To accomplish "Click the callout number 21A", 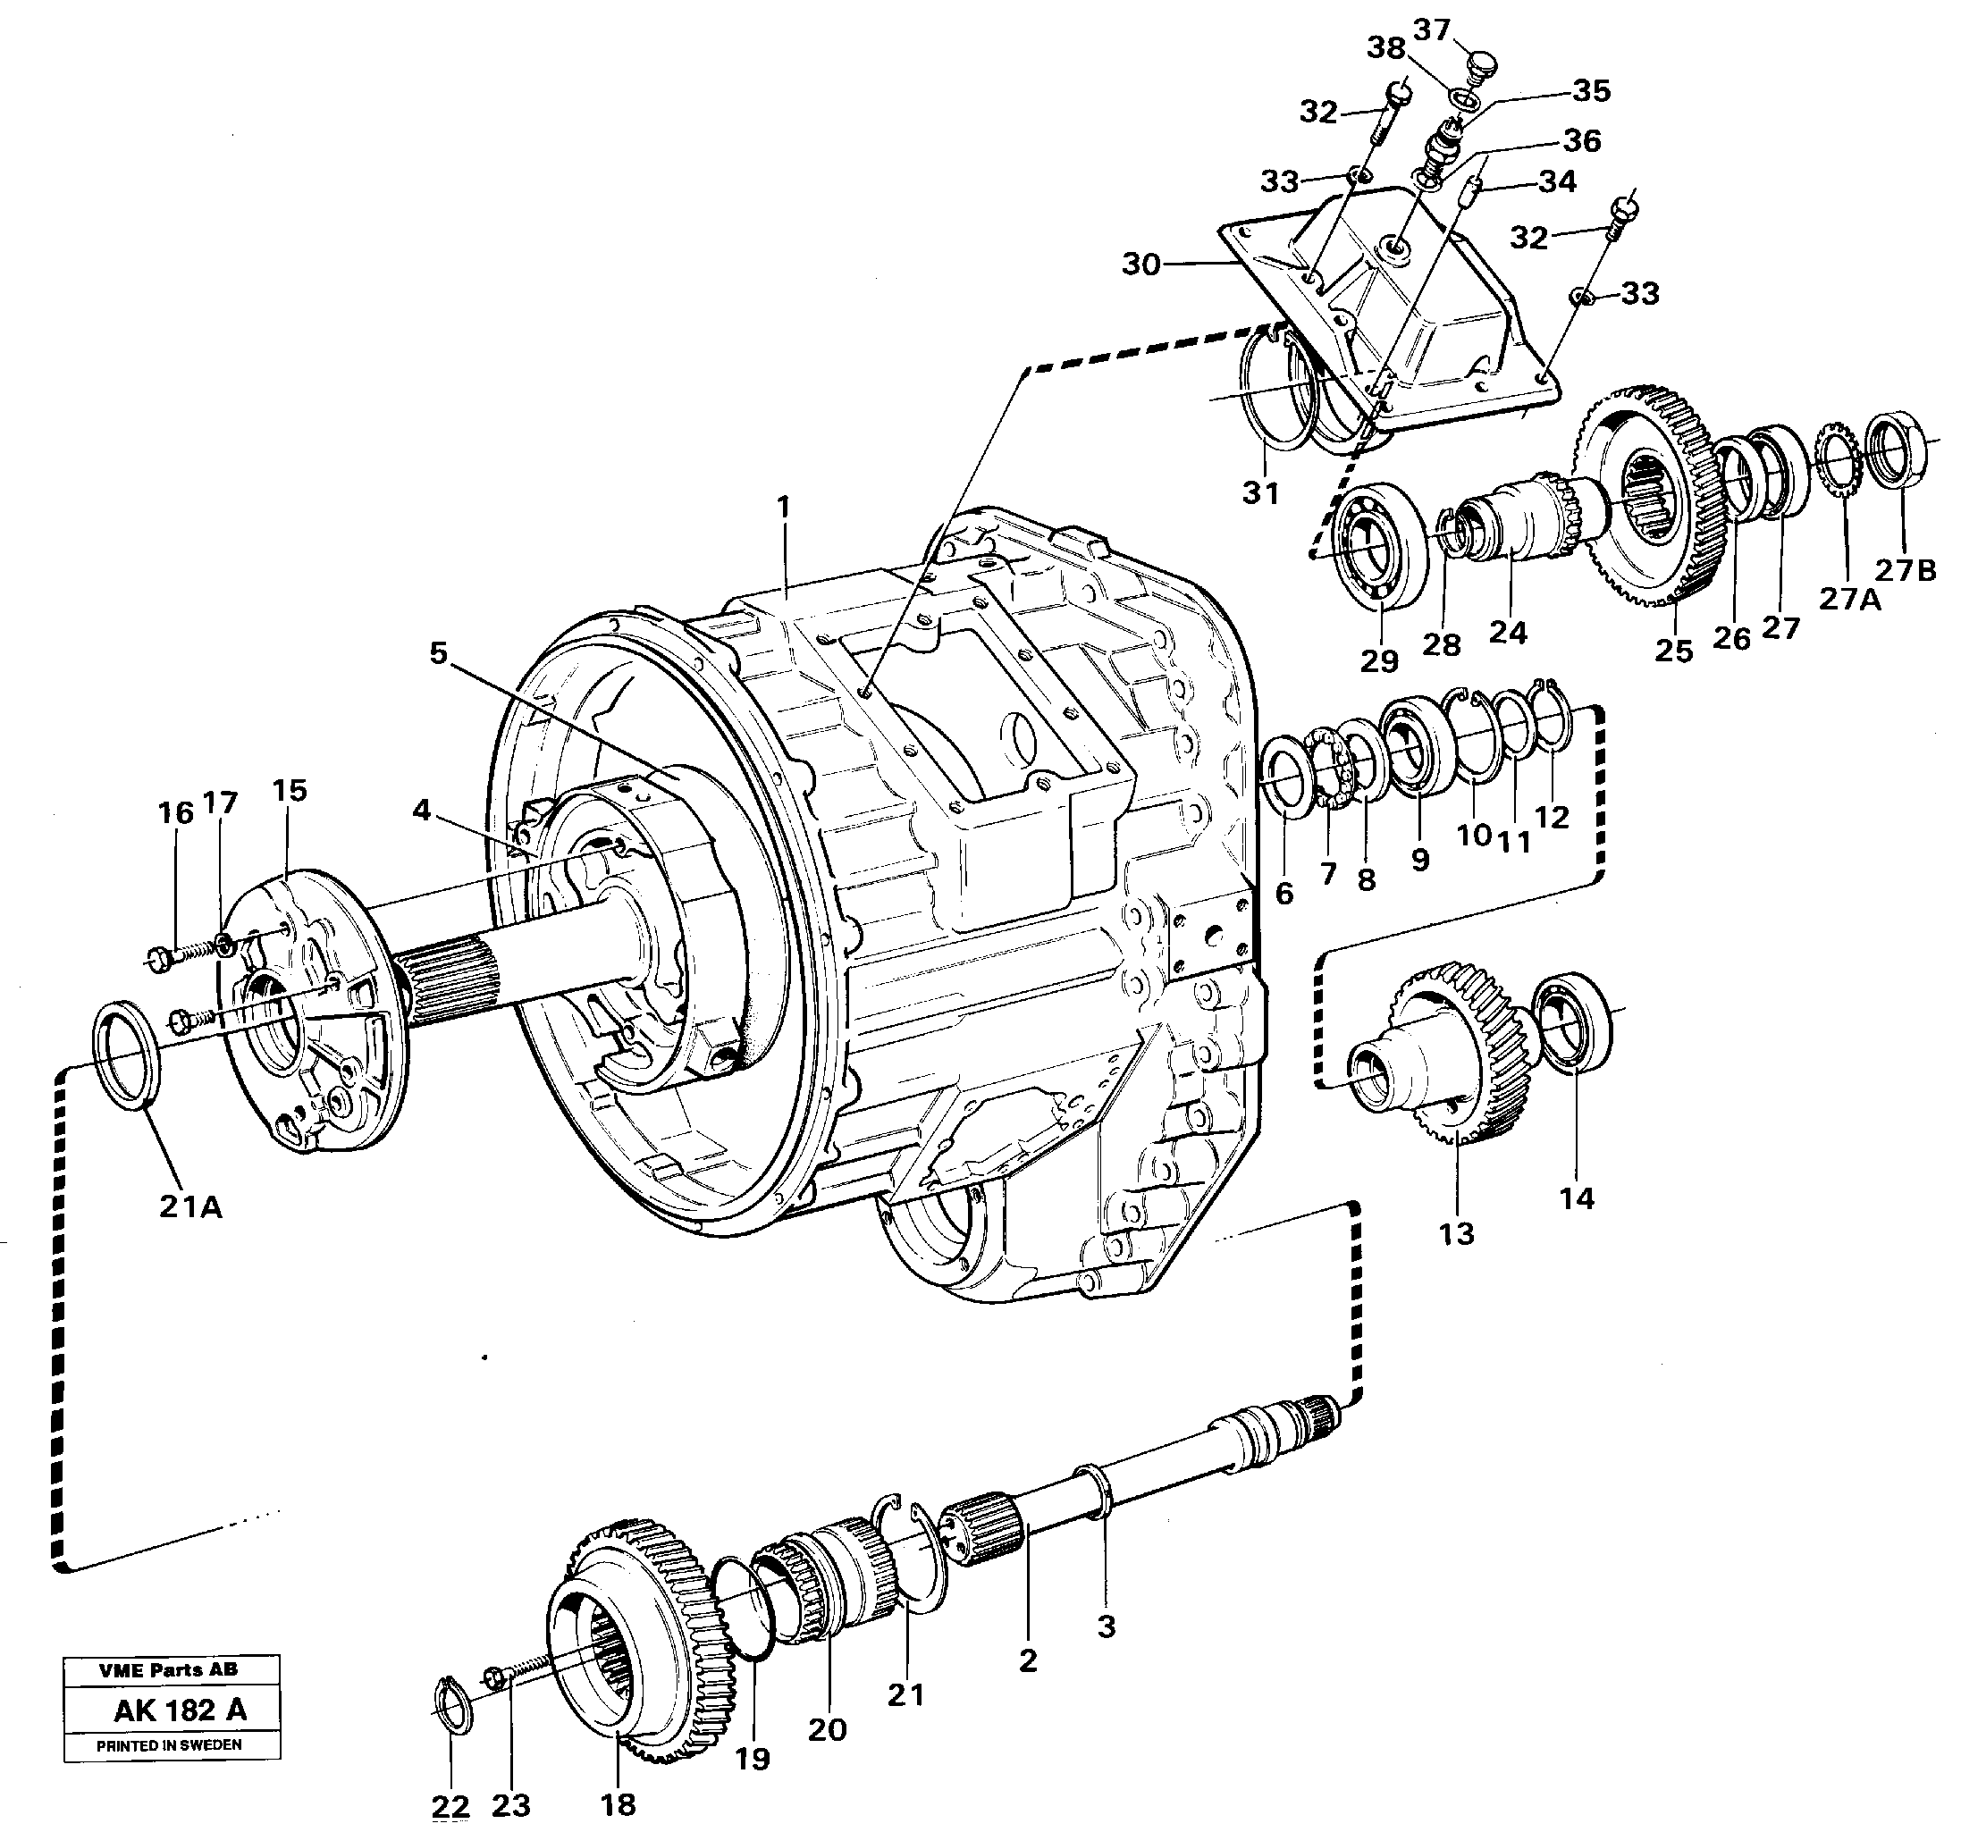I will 190,1206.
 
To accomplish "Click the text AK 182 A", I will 180,1710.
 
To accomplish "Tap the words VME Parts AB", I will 168,1669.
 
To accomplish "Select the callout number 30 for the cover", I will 1140,265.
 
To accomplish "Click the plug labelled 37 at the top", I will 1476,67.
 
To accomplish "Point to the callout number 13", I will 1456,1232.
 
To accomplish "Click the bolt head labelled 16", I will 158,956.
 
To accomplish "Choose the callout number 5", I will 438,652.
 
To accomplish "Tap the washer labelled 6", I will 1285,779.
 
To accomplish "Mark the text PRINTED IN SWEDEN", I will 168,1744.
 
